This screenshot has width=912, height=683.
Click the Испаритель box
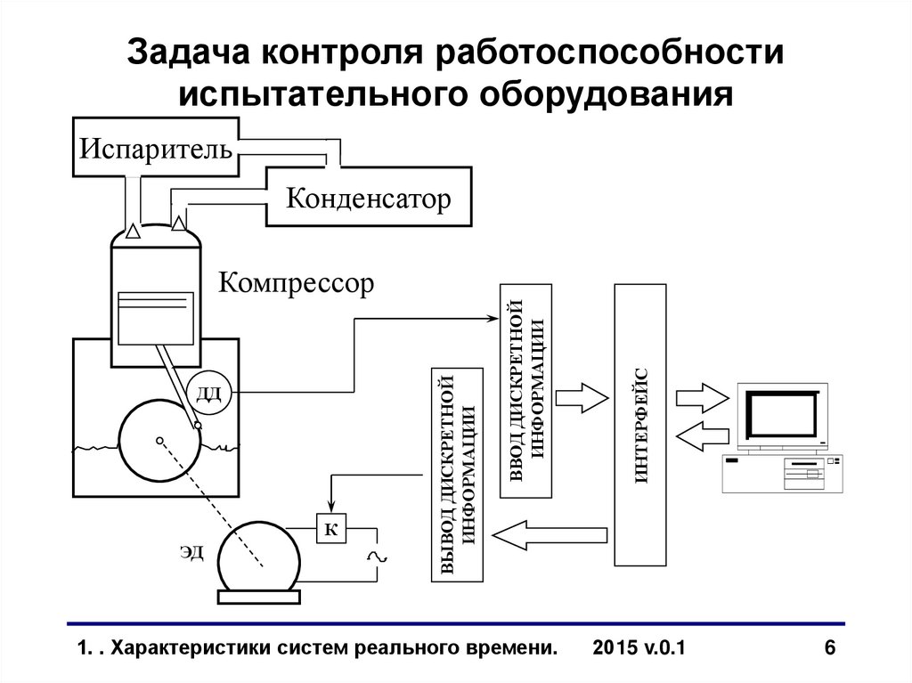[x=156, y=146]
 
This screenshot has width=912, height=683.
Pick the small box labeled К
[x=330, y=530]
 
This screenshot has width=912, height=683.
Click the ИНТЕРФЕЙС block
[x=641, y=425]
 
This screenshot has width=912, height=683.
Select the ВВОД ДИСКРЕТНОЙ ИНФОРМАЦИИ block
[x=526, y=391]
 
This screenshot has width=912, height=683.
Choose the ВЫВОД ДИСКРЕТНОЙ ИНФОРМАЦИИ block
[x=458, y=474]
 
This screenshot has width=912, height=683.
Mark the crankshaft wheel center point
[x=159, y=441]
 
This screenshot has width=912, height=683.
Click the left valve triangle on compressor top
[x=133, y=232]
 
